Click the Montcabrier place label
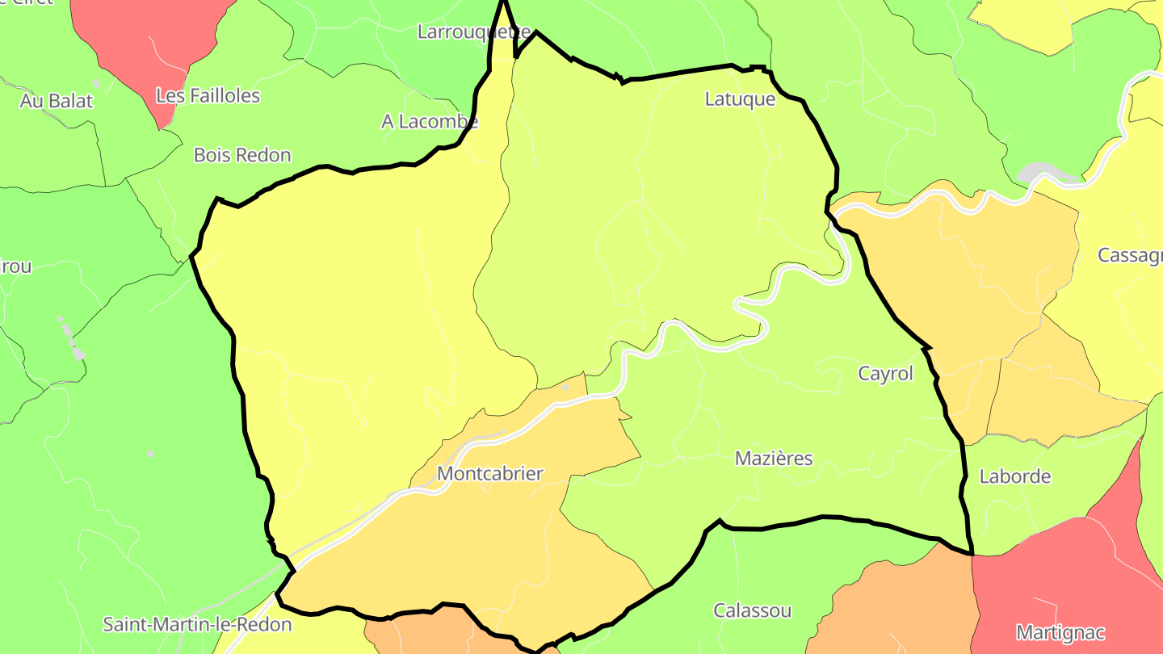(489, 474)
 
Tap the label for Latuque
(740, 99)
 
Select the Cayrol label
(885, 374)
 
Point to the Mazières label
(774, 459)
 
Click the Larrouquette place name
(473, 32)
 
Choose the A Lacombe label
(430, 122)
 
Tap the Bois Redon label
(242, 155)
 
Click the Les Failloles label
(208, 96)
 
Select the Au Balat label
(57, 101)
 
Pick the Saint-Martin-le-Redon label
(197, 624)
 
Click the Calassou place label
(752, 610)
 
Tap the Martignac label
(1060, 632)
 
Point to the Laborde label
(1014, 476)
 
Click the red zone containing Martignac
(1050, 581)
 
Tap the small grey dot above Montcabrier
(565, 388)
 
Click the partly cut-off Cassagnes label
(1130, 255)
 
